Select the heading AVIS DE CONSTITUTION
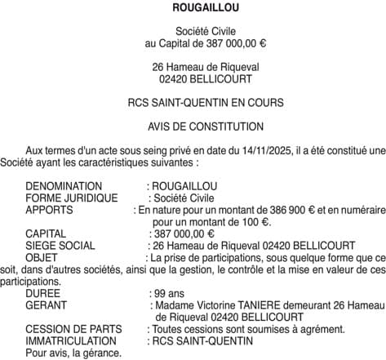click(193, 127)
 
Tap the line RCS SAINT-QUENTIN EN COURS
click(193, 103)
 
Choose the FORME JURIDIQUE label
click(72, 198)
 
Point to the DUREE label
click(42, 292)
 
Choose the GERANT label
click(46, 304)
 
